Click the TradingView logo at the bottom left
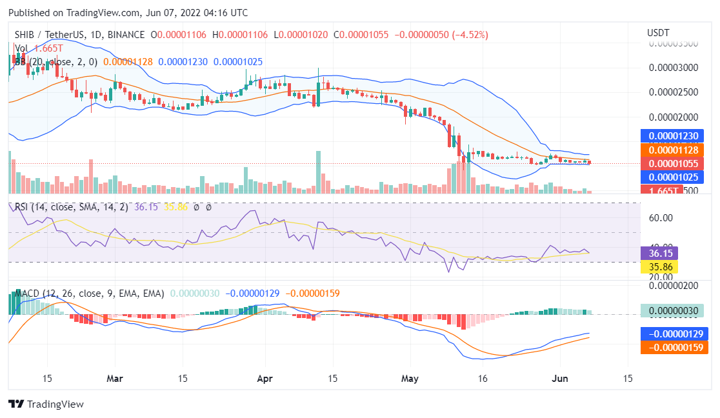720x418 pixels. coord(46,404)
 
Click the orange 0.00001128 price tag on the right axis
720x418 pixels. coord(674,150)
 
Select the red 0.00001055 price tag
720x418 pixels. coord(674,164)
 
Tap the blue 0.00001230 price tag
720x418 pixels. coord(674,136)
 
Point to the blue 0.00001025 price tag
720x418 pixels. coord(674,177)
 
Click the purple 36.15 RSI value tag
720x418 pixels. coord(659,254)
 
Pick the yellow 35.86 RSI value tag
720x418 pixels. coord(659,266)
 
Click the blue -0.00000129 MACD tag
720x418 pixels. coord(674,334)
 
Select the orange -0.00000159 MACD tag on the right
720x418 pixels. coord(674,347)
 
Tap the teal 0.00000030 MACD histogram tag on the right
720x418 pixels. coord(674,310)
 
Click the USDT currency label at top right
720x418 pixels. coord(658,33)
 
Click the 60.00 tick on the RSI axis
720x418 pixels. coord(661,218)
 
